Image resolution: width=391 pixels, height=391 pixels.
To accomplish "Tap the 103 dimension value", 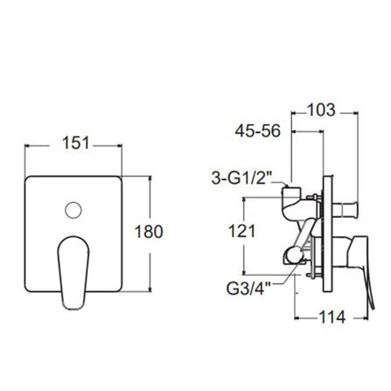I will pos(323,111).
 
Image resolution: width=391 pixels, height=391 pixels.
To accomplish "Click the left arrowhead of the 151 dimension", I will pos(26,145).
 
